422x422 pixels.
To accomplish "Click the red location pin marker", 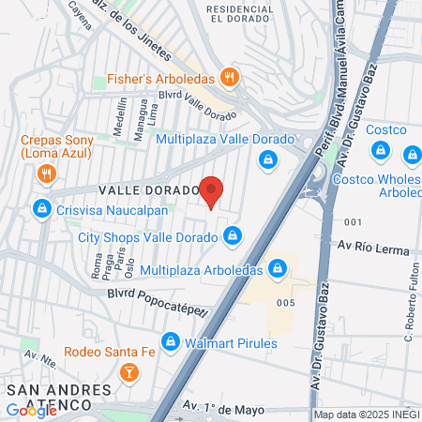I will click(x=212, y=191).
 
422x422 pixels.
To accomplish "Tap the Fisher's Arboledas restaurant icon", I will click(x=228, y=78).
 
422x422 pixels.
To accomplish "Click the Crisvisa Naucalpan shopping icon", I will click(x=40, y=207).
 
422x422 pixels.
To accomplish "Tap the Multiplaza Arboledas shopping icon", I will click(x=277, y=270).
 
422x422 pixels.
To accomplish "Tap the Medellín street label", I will click(x=119, y=119).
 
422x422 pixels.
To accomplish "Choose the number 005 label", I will click(x=287, y=303).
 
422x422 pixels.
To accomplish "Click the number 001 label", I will click(x=353, y=221).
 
